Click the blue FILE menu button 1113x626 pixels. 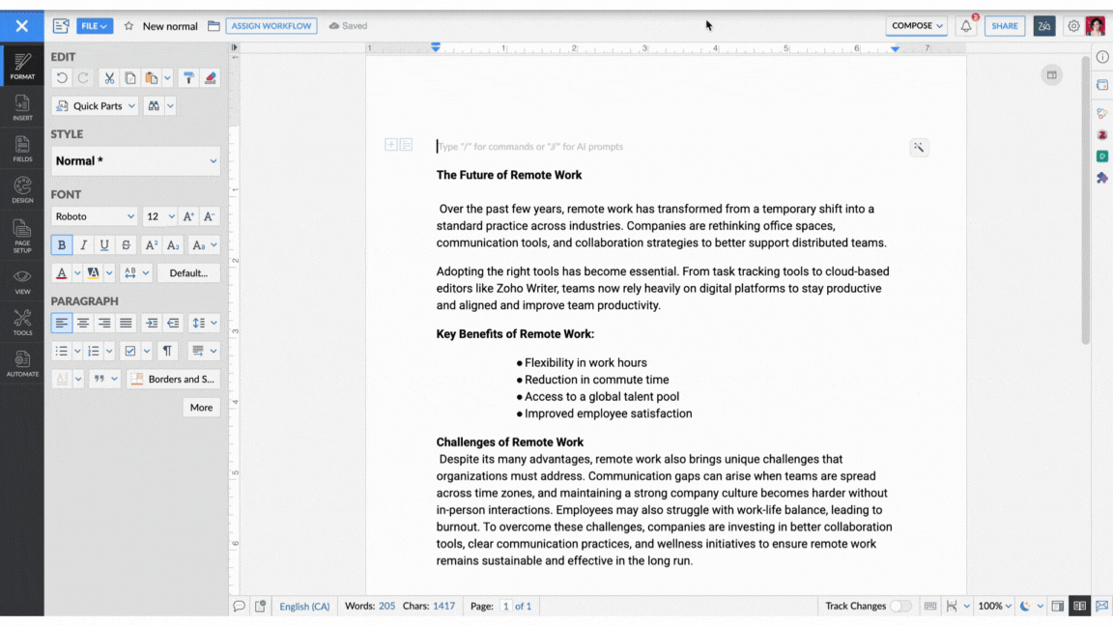pos(95,26)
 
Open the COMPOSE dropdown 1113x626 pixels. pos(917,26)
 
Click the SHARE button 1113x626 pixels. pos(1004,26)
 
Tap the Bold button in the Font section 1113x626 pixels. pos(62,245)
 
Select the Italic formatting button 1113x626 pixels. pos(83,245)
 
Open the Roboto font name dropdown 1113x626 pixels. pos(94,216)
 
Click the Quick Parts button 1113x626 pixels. pos(96,106)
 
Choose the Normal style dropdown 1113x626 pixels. pos(135,161)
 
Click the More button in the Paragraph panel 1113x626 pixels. pos(201,408)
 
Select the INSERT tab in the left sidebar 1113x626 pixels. pos(22,107)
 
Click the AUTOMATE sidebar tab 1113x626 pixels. pos(22,363)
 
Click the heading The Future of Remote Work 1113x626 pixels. pos(509,175)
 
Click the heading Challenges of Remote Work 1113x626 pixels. pos(509,442)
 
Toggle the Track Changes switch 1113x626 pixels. pos(900,606)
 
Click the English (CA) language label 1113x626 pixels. pos(304,607)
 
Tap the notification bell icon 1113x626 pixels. pos(965,26)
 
